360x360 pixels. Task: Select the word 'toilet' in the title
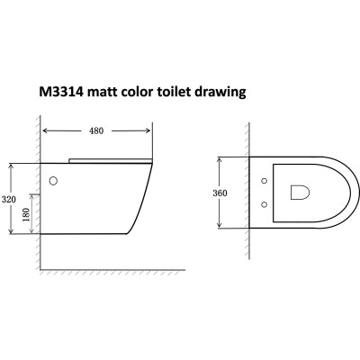(190, 92)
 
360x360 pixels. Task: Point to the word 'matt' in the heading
(116, 92)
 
